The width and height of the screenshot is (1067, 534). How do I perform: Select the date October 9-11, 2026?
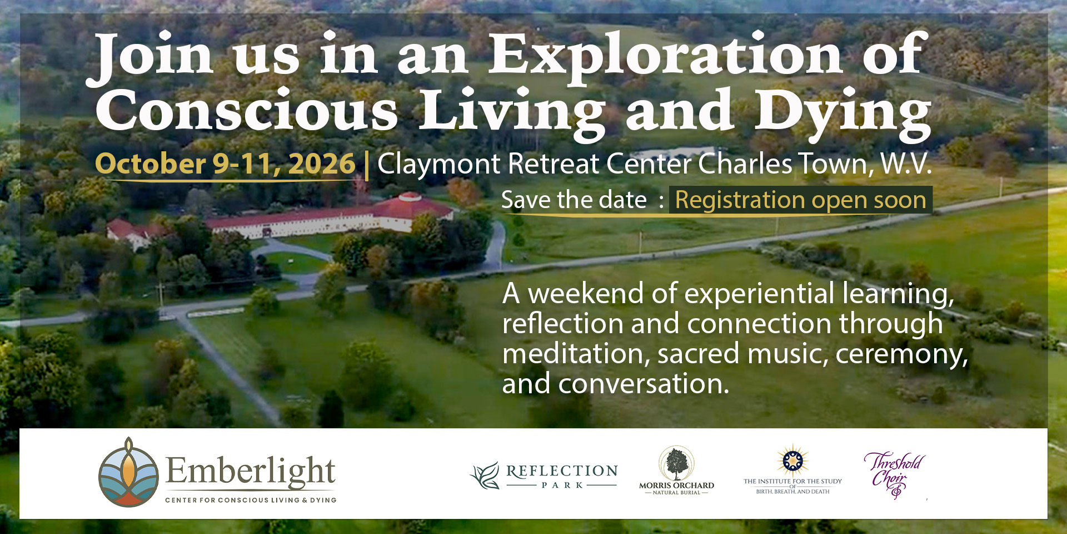coord(225,164)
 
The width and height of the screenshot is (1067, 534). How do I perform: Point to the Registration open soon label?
coord(800,200)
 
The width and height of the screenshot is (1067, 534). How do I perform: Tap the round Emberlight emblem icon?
coord(128,472)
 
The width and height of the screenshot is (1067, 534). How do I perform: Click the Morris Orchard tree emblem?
coord(676,463)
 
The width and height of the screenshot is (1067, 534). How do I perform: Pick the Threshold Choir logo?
coord(894,473)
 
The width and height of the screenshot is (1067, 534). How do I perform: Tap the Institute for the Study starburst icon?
coord(792,461)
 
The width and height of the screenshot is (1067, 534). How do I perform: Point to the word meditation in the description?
coord(575,354)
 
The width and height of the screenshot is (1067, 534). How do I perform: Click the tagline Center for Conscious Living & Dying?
coord(251,500)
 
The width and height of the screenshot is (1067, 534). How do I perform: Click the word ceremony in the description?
coord(900,354)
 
